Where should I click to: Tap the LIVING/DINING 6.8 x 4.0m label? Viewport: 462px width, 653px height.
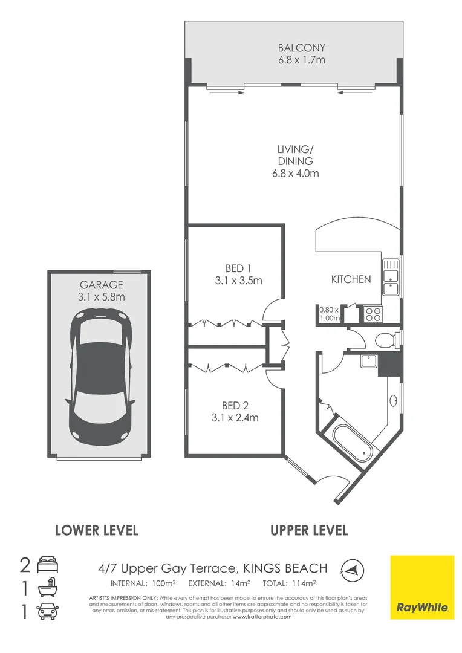[295, 161]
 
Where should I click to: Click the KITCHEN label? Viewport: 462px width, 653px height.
[351, 279]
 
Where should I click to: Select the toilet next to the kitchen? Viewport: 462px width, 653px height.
[385, 340]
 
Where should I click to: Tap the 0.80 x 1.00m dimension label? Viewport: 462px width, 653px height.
[330, 314]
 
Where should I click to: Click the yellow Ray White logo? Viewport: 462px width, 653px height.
[422, 587]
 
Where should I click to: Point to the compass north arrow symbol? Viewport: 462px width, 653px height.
[350, 568]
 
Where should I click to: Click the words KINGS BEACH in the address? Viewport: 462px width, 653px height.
[285, 568]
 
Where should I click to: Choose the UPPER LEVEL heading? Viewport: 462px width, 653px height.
[309, 531]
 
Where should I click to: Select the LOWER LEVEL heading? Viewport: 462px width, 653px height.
[97, 531]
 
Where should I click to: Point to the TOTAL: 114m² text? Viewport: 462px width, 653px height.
[289, 583]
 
